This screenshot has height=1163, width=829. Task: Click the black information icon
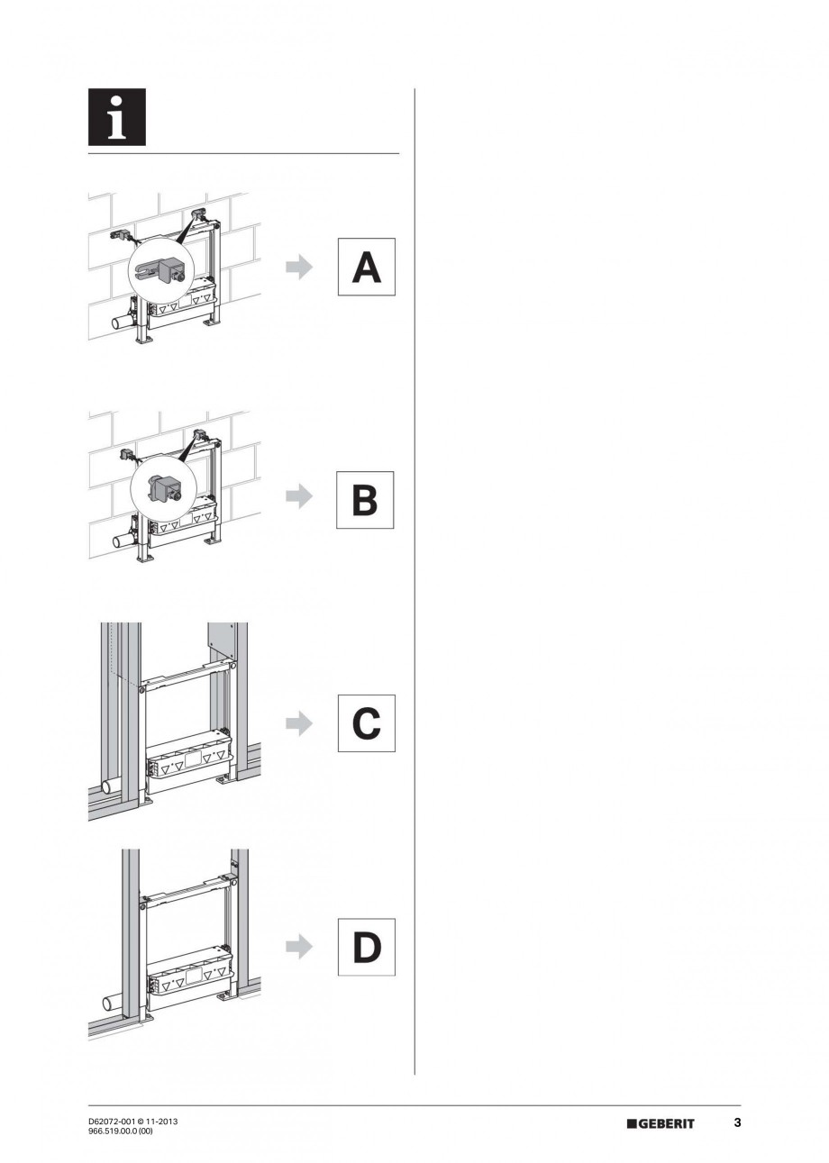(116, 117)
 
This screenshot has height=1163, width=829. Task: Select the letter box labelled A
(366, 267)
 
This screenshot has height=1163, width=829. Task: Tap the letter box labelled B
(365, 499)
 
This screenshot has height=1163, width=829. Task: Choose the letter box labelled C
(366, 722)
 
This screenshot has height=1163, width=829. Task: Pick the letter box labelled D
(366, 947)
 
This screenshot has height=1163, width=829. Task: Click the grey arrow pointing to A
(299, 267)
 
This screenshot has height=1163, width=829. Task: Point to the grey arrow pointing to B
(299, 496)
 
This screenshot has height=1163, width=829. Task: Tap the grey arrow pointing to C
(299, 722)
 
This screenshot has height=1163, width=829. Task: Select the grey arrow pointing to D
(299, 946)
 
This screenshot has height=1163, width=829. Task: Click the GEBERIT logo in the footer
(660, 1123)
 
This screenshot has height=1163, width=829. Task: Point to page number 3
(737, 1122)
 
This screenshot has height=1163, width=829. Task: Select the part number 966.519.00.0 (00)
(121, 1131)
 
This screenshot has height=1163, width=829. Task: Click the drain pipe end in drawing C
(105, 786)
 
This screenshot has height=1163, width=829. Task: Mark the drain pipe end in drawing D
(105, 1003)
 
